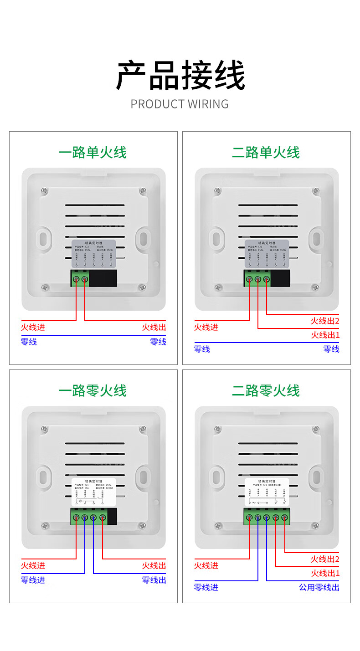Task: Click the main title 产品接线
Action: click(180, 76)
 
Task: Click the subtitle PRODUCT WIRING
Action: click(180, 104)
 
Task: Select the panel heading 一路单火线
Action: click(93, 153)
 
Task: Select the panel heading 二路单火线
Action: click(266, 153)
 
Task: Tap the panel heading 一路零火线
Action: click(93, 391)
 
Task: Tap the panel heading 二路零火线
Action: click(266, 391)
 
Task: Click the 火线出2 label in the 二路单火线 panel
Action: click(325, 321)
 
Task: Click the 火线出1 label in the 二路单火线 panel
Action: click(325, 335)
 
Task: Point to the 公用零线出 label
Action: click(319, 587)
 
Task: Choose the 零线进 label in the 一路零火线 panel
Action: click(33, 580)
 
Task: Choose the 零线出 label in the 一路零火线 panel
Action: click(154, 580)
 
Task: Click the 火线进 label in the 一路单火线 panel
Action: click(33, 327)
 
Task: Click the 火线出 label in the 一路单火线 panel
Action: click(154, 327)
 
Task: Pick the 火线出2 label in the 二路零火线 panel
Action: click(325, 559)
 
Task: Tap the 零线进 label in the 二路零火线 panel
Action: click(206, 587)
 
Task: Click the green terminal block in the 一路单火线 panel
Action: click(80, 278)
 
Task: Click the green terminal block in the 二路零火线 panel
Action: click(267, 517)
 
